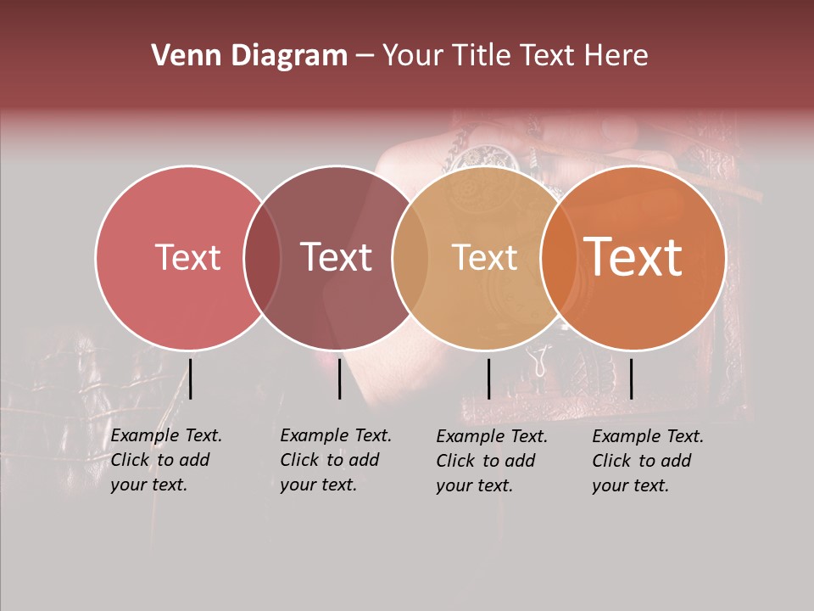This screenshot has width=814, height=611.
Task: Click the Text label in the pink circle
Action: coord(187,257)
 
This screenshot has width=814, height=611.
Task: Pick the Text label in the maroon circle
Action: coord(337,257)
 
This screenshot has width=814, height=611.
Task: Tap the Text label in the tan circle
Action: coord(484,257)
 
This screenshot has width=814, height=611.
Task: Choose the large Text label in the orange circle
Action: coord(633,256)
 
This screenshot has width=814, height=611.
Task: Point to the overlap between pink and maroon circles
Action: coord(262,257)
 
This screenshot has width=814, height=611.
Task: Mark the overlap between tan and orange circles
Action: coord(557,257)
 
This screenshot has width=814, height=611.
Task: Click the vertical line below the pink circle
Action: coord(191,378)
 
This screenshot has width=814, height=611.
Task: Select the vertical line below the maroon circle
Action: coord(339,378)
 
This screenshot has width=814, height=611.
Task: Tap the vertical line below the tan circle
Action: coord(488,378)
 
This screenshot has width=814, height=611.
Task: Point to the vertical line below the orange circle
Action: coord(631,378)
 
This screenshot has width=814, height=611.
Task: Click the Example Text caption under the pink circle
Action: coord(166,460)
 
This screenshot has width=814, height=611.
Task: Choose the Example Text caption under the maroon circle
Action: coord(336,460)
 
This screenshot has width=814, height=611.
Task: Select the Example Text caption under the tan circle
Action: coord(492,461)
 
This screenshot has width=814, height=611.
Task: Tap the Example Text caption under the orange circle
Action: coord(648,461)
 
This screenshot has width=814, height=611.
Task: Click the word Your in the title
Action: coord(411,56)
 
